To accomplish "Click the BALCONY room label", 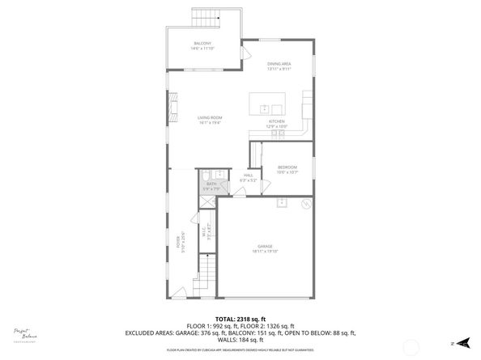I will tap(202, 43).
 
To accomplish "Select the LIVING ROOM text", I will tap(210, 118).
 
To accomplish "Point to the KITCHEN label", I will tap(278, 121).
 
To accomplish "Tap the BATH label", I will tap(211, 184).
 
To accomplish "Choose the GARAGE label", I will tap(266, 247).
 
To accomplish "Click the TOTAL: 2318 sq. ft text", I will tap(240, 320).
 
